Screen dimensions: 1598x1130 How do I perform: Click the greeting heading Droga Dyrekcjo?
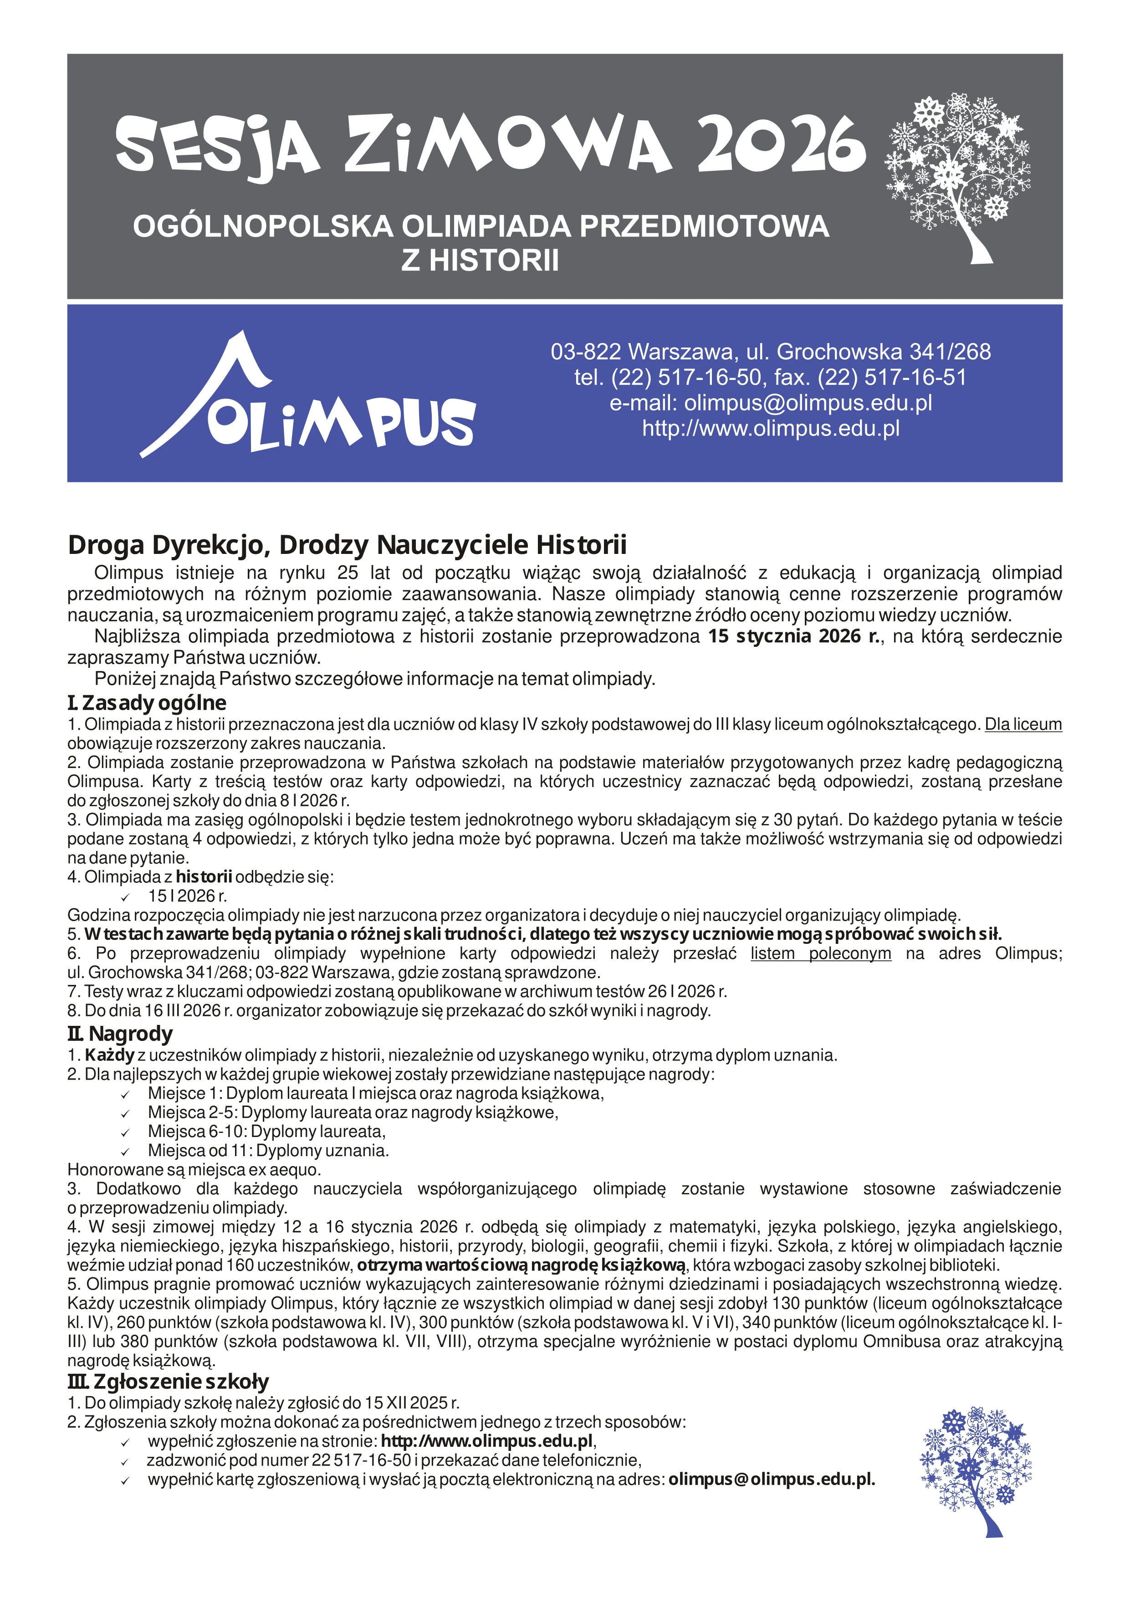click(x=347, y=544)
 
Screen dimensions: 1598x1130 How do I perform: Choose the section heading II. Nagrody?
click(x=120, y=1034)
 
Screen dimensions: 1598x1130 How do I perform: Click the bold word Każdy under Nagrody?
click(x=109, y=1055)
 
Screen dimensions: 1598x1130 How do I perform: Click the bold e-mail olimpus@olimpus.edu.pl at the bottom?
click(x=772, y=1479)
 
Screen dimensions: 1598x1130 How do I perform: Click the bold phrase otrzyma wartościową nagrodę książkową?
click(x=522, y=1265)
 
